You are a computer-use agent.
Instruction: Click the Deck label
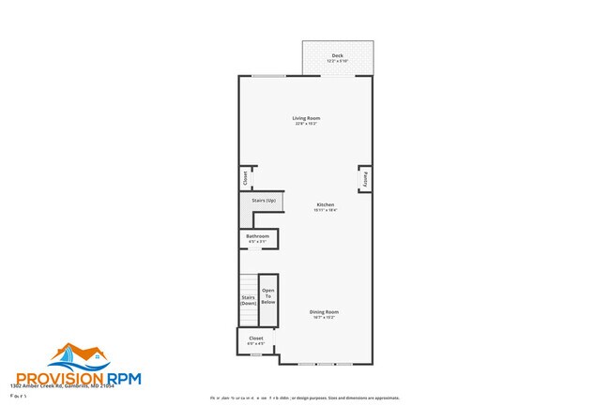click(337, 56)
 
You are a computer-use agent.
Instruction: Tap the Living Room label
click(306, 118)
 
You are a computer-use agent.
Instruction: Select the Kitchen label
click(325, 204)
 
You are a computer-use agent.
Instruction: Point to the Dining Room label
click(324, 311)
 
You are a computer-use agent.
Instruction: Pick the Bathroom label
click(258, 235)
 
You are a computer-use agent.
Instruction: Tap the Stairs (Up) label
click(264, 201)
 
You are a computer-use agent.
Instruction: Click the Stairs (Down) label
click(248, 300)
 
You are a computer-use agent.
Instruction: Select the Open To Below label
click(268, 296)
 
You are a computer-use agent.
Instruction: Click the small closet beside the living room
click(245, 177)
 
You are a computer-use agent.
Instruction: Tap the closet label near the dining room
click(256, 338)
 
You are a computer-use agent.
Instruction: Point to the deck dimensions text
click(337, 62)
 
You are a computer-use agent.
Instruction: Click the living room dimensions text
click(306, 124)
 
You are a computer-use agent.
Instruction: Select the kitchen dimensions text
click(325, 210)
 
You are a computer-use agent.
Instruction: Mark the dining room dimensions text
click(324, 317)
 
